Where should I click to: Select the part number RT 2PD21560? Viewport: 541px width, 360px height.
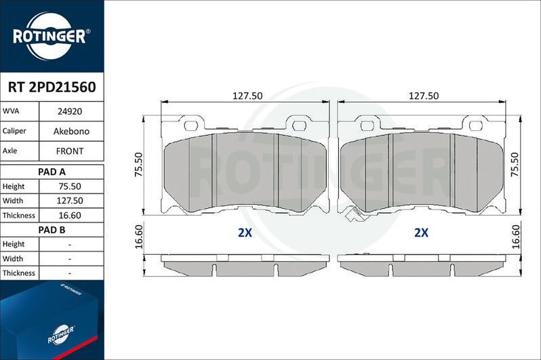pos(52,87)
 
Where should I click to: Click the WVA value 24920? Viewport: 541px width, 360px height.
pos(71,111)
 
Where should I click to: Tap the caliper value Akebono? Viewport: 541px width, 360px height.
pos(71,131)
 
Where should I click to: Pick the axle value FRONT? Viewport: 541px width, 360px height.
pos(71,151)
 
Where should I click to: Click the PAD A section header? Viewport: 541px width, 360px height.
pos(52,172)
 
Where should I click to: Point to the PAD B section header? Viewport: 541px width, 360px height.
pos(52,230)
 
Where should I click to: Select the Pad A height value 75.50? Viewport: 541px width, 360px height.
pos(71,186)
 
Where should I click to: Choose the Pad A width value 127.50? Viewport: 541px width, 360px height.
pos(71,201)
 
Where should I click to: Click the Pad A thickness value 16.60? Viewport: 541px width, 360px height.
pos(71,216)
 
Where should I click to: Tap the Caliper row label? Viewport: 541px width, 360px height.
pos(15,131)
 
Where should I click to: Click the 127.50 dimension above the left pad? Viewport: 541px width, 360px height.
pos(247,96)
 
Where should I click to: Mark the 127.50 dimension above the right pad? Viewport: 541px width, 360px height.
pos(423,96)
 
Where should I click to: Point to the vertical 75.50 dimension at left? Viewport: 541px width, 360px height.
pos(138,165)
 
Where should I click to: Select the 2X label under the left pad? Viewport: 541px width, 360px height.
pos(245,233)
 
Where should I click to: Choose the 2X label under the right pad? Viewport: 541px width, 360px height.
pos(421,233)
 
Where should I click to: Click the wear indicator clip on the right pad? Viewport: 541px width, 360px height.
pos(354,214)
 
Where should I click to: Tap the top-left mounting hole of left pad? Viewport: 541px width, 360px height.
pos(191,125)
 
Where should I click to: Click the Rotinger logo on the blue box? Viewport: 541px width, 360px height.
pos(60,332)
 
